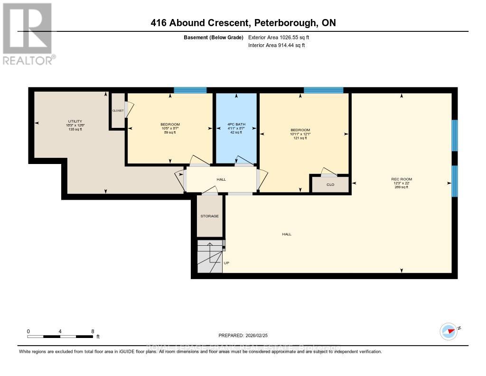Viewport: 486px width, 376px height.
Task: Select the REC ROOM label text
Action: [x=402, y=179]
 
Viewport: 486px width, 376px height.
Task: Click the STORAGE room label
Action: [x=209, y=216]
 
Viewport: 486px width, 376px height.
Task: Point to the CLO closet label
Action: [x=330, y=184]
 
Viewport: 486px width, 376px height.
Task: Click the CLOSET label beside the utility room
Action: [x=118, y=110]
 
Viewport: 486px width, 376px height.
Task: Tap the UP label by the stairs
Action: [x=226, y=262]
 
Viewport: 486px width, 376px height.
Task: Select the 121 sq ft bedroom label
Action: [x=300, y=130]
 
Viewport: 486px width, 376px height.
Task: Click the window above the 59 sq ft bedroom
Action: [x=190, y=90]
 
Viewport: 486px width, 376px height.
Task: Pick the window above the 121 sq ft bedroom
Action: [x=323, y=90]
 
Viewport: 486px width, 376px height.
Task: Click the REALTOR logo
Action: [x=28, y=34]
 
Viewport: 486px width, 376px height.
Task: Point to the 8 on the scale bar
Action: [x=93, y=331]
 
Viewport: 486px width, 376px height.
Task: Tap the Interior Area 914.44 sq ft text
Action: [x=277, y=45]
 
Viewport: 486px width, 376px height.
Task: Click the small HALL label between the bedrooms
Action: [x=221, y=179]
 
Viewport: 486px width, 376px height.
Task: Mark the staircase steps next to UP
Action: [x=209, y=257]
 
